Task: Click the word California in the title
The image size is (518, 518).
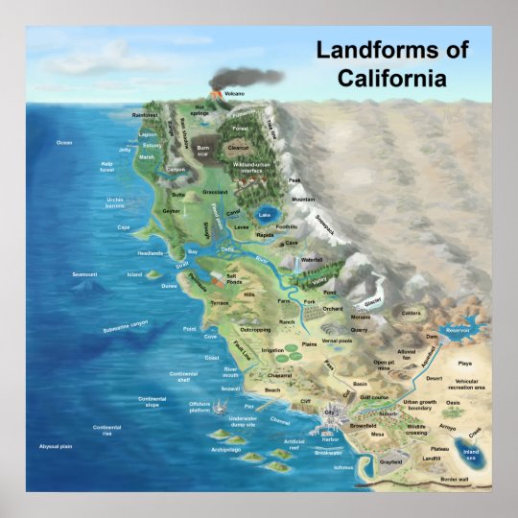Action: point(391,78)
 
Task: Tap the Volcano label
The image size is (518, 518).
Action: point(234,93)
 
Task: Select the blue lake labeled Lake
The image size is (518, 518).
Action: point(265,215)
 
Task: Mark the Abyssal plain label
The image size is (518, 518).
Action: point(56,447)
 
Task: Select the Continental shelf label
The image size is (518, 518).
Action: point(183,376)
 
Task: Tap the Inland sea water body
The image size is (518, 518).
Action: point(470,452)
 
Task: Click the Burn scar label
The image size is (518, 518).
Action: point(202,151)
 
